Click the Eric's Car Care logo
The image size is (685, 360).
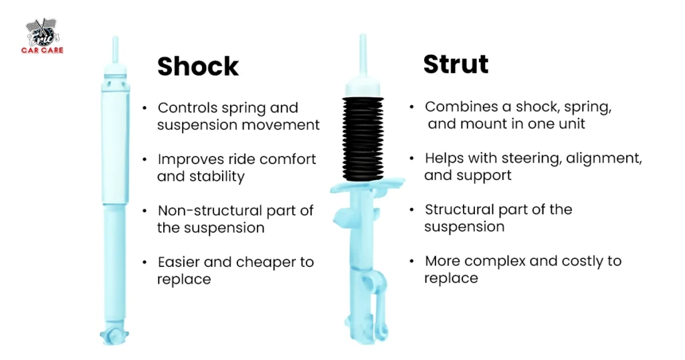(44, 37)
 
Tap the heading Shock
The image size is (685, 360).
(197, 66)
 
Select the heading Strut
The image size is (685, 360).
(456, 64)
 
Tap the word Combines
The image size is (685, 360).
(455, 107)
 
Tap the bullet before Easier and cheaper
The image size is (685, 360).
(144, 262)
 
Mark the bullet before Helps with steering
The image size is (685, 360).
(412, 159)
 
